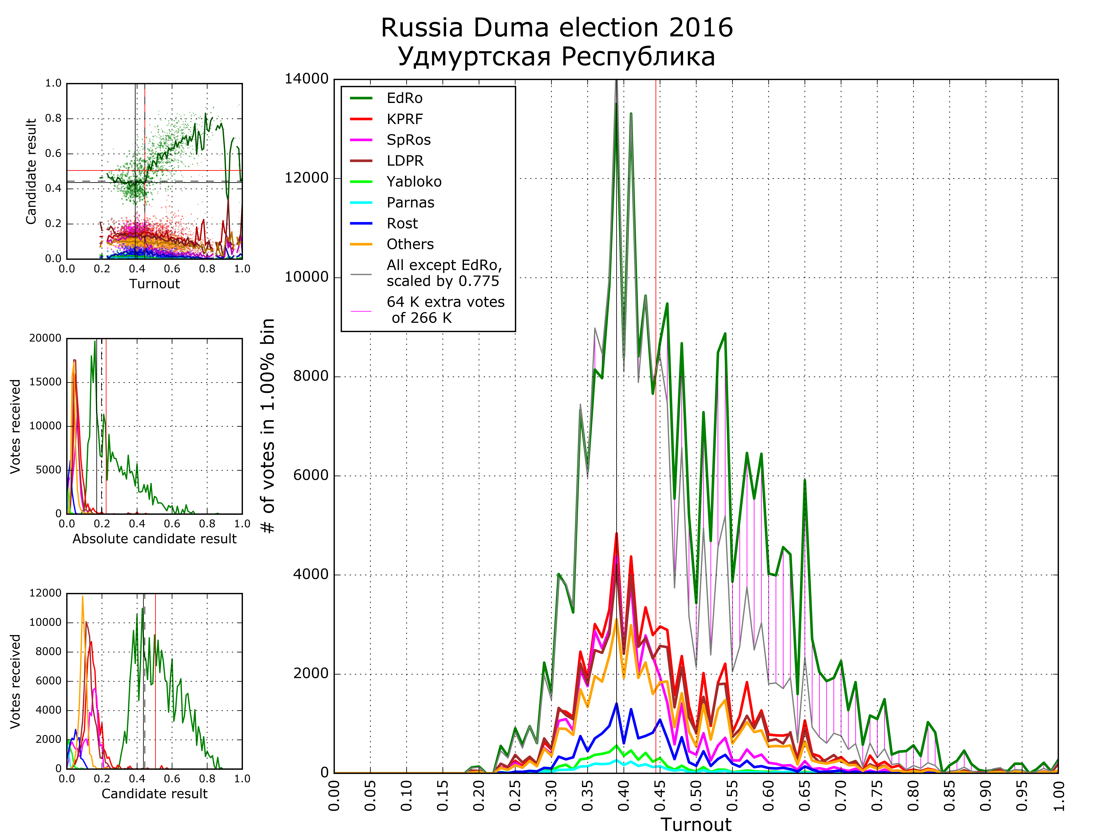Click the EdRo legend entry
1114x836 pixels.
[x=404, y=98]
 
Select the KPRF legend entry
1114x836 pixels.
[x=404, y=119]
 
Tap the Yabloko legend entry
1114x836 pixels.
[x=413, y=181]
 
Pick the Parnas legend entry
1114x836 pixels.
[x=410, y=202]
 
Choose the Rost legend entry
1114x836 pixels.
[x=402, y=223]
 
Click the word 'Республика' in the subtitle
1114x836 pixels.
[x=638, y=57]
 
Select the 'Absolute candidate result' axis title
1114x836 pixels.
[x=154, y=539]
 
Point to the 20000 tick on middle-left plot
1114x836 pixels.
[x=45, y=338]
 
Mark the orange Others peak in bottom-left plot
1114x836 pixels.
[x=83, y=597]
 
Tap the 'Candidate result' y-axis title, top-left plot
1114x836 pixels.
[x=31, y=171]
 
